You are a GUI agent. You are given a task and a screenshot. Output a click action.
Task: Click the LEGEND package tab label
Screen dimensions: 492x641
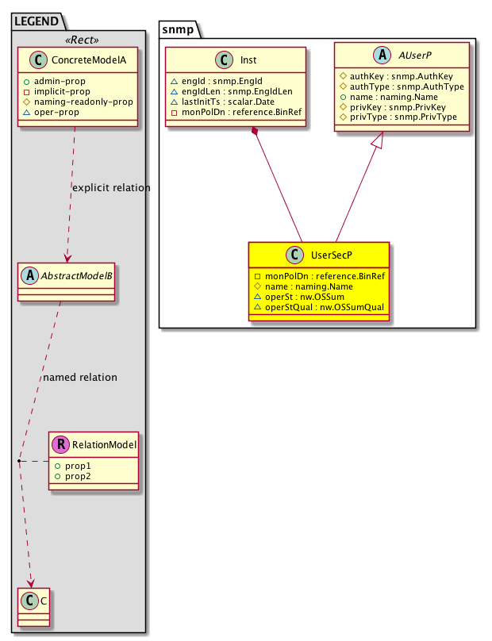point(37,21)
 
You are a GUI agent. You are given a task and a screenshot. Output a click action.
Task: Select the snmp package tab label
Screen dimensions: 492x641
point(178,29)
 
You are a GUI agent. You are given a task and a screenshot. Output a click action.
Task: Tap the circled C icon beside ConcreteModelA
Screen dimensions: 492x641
point(38,60)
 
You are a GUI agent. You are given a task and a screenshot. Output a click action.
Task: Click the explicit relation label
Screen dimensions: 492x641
point(111,188)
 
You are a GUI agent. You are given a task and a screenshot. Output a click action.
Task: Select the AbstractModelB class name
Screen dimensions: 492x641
point(76,276)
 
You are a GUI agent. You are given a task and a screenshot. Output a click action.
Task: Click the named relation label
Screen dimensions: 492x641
point(80,378)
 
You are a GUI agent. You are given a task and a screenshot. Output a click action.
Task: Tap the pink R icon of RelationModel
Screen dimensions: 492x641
point(60,444)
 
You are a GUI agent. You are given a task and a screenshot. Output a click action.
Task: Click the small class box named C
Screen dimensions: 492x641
point(33,607)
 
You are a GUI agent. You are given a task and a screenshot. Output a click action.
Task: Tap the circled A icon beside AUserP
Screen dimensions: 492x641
point(382,55)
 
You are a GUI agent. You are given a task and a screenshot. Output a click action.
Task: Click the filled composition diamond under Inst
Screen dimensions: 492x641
point(256,131)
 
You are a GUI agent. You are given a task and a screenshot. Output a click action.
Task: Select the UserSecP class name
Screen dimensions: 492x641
point(331,255)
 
